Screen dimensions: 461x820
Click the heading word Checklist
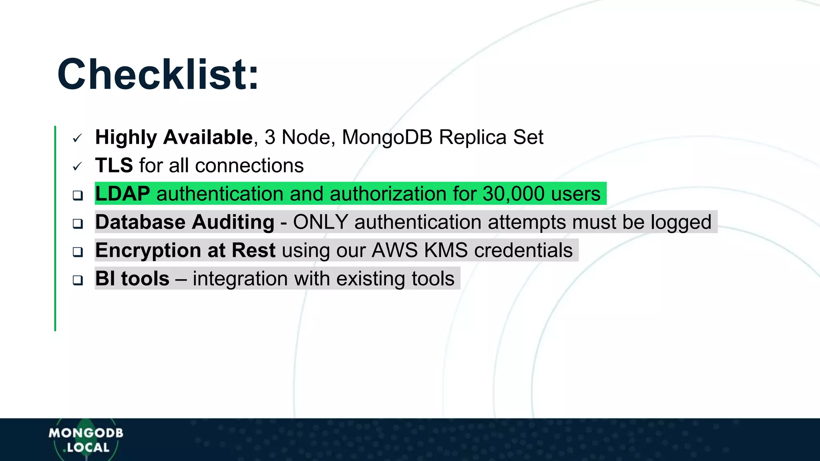tap(158, 74)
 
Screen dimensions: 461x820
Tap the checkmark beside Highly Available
tap(77, 138)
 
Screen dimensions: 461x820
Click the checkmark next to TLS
tap(77, 166)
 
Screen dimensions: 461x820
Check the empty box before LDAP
tap(78, 195)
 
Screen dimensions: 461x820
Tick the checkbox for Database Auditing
tap(78, 223)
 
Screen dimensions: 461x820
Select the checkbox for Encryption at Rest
tap(78, 252)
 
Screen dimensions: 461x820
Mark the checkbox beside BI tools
tap(78, 280)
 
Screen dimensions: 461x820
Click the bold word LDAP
tap(123, 194)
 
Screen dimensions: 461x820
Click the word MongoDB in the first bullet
tap(387, 137)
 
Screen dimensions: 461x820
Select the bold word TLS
tap(114, 165)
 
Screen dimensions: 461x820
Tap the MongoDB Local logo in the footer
tap(86, 440)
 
